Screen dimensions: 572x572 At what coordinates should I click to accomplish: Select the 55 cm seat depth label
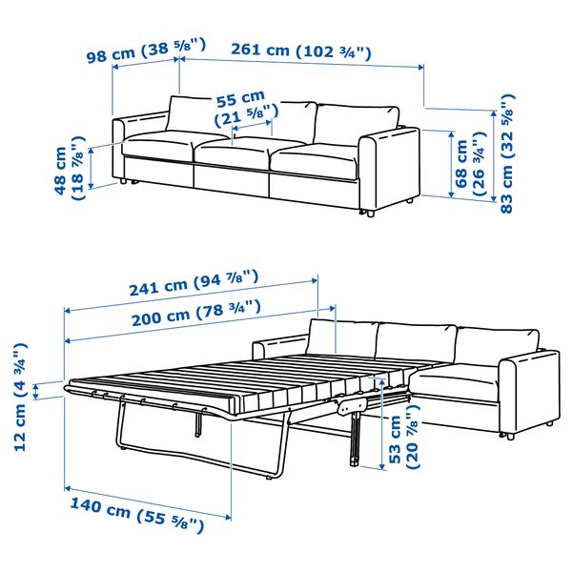(x=240, y=107)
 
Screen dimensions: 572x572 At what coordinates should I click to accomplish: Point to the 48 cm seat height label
(x=68, y=172)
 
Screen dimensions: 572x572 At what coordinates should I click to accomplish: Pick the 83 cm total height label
(x=506, y=153)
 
